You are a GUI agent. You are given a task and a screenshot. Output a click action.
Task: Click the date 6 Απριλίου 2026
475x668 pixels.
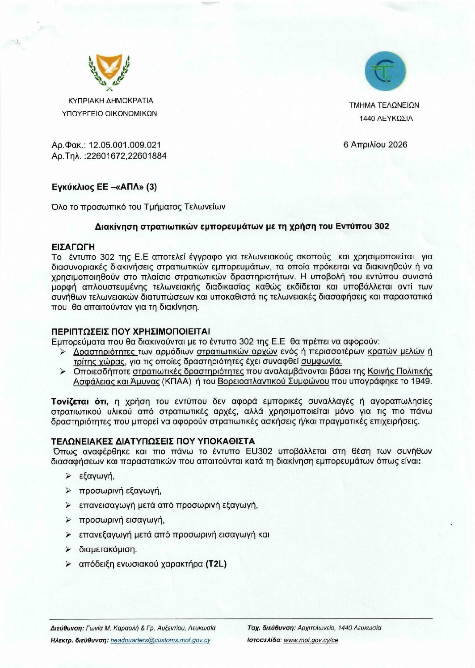tap(375, 145)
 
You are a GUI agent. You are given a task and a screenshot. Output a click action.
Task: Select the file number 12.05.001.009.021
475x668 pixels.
tap(125, 145)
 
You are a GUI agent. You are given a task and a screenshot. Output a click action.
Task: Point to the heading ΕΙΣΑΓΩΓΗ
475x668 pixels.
tap(73, 247)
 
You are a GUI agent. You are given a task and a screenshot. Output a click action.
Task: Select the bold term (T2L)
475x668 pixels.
tap(216, 564)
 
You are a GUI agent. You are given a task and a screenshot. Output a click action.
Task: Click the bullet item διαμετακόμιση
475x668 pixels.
tap(108, 549)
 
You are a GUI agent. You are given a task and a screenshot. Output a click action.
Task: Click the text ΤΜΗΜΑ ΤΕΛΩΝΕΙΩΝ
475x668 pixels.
tap(384, 105)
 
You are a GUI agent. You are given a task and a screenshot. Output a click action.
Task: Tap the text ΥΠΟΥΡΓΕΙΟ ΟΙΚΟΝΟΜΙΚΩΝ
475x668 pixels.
tap(109, 113)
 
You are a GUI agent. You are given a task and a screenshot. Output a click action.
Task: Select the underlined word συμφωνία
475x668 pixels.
tap(322, 361)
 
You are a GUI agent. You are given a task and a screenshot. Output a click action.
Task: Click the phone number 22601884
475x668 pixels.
tap(149, 155)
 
